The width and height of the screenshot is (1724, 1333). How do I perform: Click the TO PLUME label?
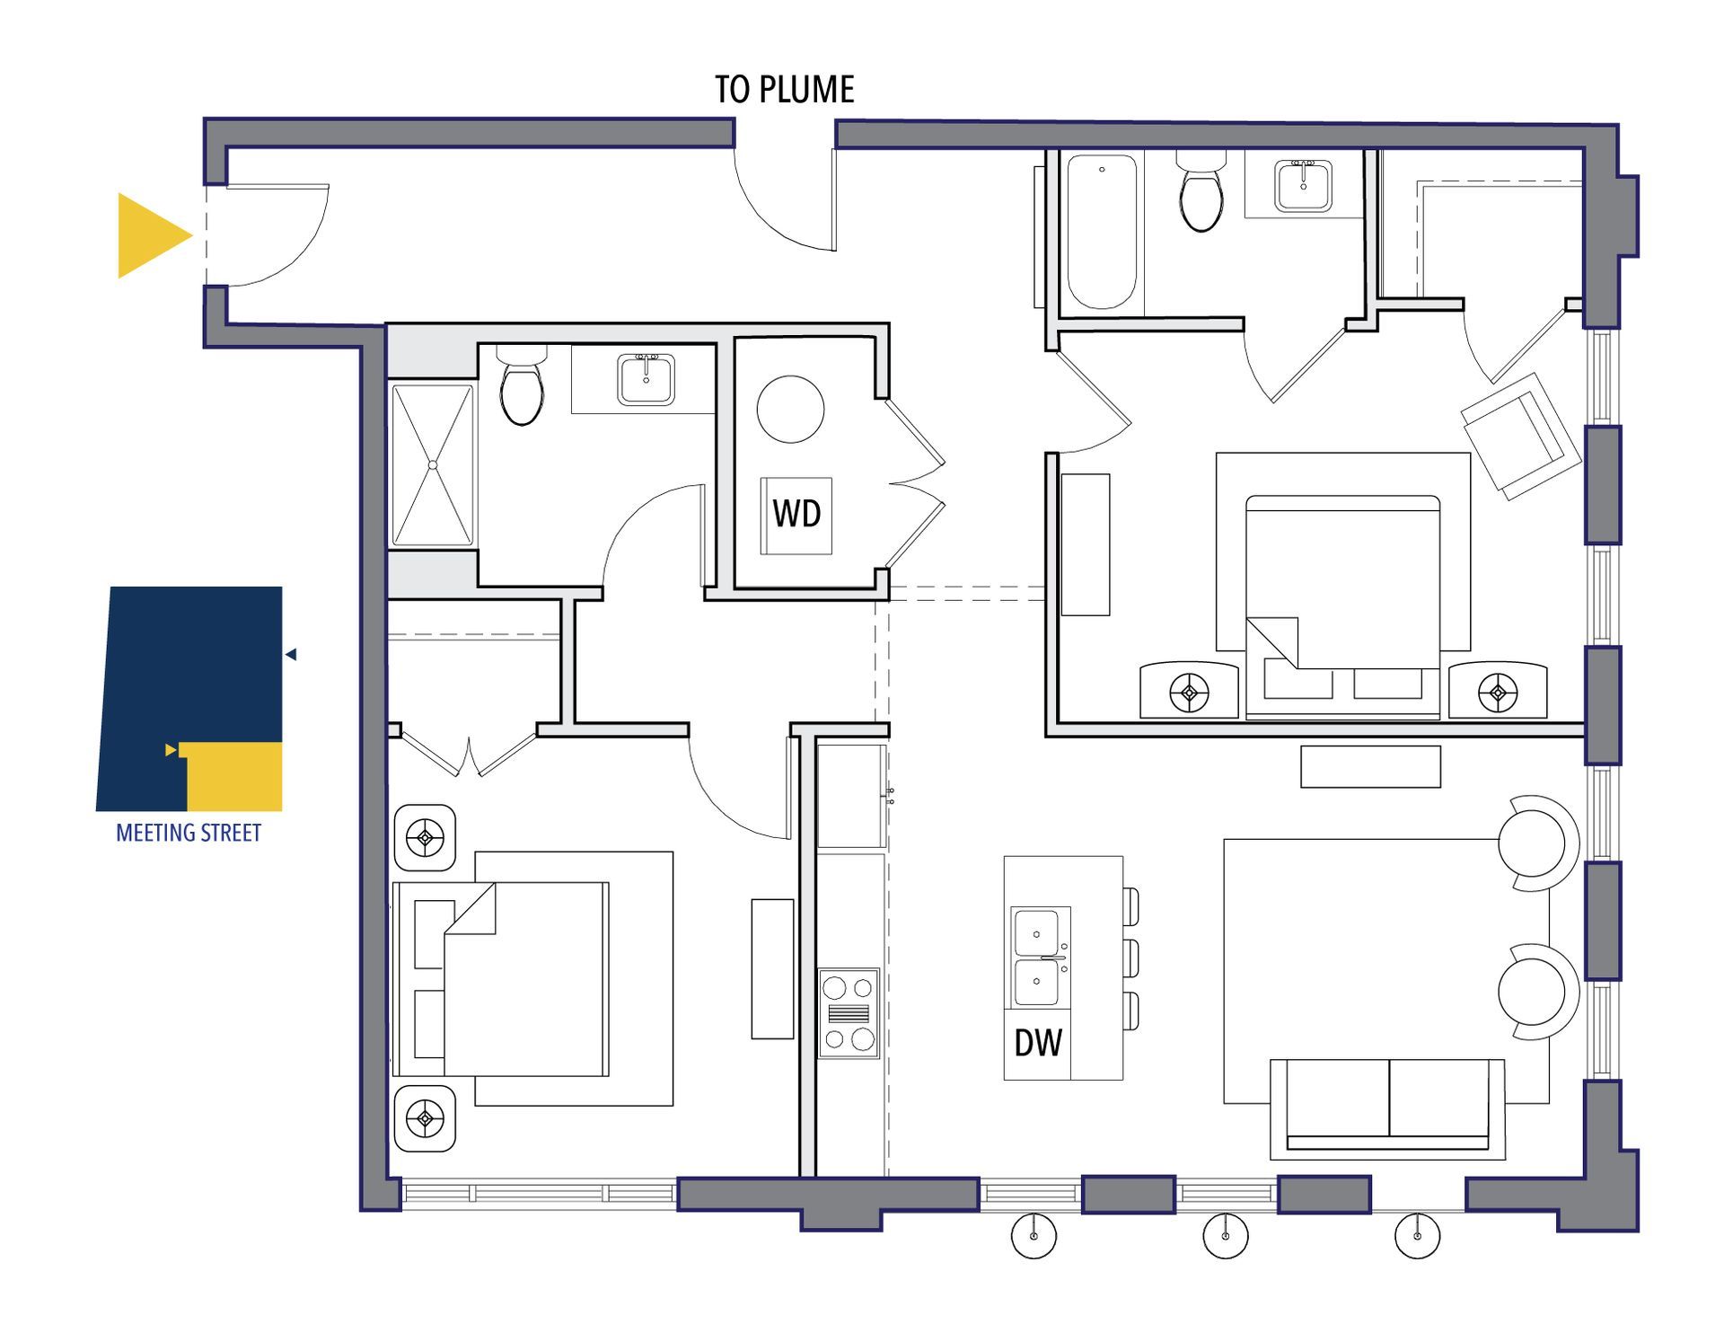[784, 90]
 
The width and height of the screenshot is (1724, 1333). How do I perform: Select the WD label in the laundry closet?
[796, 514]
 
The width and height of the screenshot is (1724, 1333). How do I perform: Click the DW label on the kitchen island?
[1038, 1042]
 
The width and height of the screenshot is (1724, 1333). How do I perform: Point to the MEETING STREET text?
[189, 834]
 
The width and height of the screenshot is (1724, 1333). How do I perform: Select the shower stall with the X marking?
[433, 465]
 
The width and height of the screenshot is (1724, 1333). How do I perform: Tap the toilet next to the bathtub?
[1201, 191]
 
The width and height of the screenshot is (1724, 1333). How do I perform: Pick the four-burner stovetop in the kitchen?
[849, 1013]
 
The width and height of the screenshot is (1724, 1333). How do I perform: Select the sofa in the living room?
[1388, 1108]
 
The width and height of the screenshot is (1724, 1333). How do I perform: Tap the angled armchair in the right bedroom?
[1521, 437]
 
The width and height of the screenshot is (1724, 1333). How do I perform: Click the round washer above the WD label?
[790, 409]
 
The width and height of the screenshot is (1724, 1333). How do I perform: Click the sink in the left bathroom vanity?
[646, 379]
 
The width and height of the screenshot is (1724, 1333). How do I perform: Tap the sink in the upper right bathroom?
[1304, 186]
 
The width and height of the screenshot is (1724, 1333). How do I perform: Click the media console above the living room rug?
[1370, 767]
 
